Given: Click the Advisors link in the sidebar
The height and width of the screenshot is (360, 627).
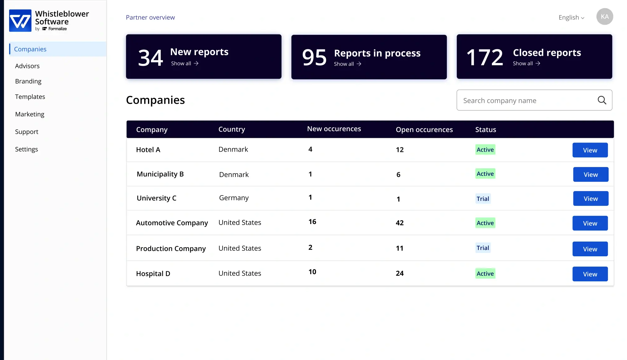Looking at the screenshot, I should point(27,66).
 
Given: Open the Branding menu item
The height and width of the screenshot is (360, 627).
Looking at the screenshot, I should point(28,81).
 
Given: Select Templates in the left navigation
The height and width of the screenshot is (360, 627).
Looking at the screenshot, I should point(30,97).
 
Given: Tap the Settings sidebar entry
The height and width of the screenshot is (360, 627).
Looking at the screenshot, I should point(26,149).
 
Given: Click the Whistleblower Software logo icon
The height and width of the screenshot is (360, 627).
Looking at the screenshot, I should point(20,21).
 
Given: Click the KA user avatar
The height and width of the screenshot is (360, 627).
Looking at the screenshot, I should point(604,17).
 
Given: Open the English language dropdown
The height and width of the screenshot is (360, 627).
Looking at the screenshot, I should point(571,18).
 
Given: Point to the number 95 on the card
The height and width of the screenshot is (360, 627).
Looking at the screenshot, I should point(314,58).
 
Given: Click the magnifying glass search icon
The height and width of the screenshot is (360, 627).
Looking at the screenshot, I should point(602,100).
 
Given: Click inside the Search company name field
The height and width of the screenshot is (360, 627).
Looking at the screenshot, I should point(527,101).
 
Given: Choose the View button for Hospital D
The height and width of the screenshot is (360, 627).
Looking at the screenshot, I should point(590,274).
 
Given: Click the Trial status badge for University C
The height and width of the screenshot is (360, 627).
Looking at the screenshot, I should point(483,199).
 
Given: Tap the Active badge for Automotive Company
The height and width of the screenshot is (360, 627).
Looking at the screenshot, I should point(485,223).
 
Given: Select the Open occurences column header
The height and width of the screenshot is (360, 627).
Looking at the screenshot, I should point(424,130).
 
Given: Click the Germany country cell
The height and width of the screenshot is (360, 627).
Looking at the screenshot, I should point(234,198).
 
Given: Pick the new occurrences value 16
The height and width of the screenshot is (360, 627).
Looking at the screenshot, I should point(312,222).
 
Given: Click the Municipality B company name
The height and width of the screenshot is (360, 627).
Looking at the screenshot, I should point(160,174).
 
